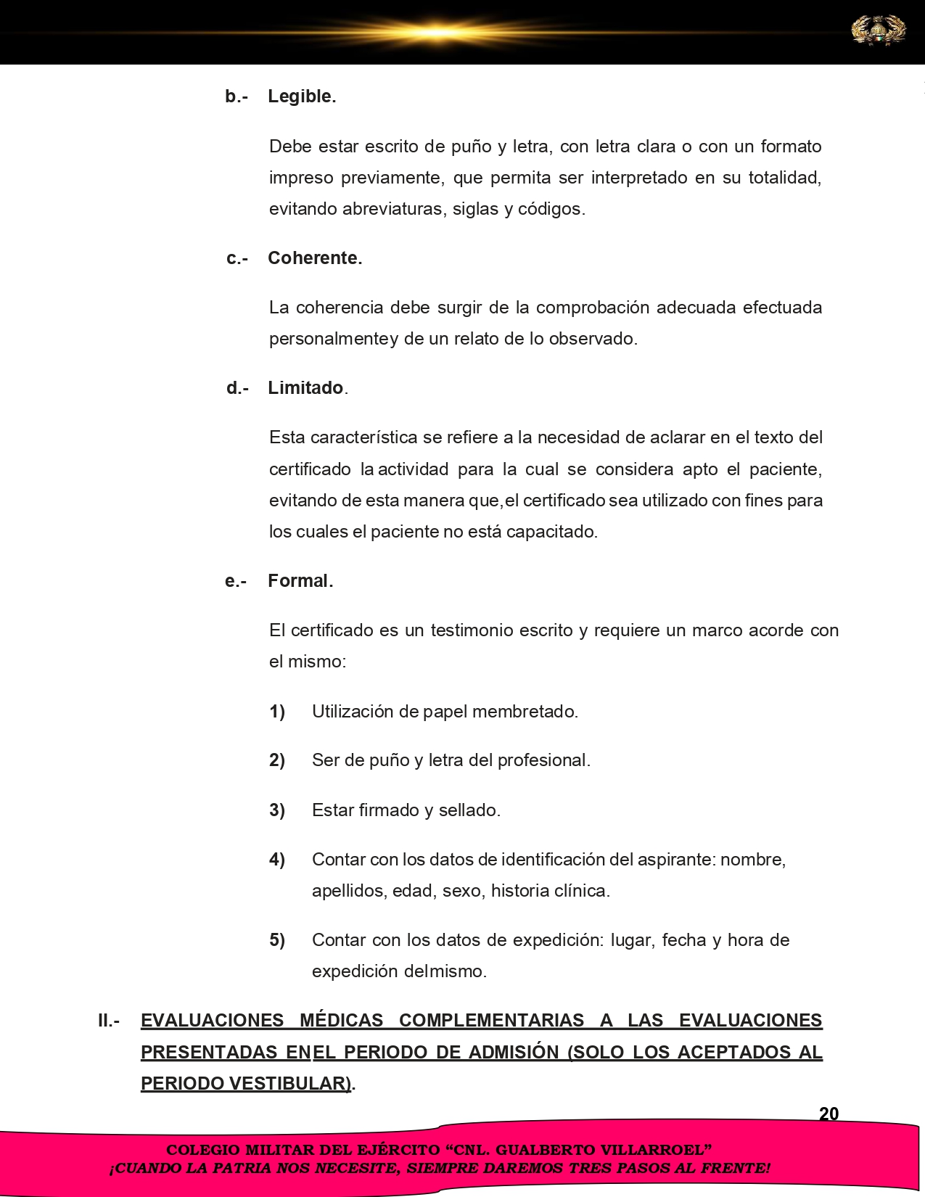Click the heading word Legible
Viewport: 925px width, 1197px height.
coord(302,96)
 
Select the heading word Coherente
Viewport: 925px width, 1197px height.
coord(315,258)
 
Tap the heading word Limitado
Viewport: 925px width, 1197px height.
coord(305,388)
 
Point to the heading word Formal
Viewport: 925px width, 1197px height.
coord(300,581)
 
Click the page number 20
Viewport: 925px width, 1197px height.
coord(829,1114)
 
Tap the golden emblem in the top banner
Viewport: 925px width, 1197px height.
coord(878,31)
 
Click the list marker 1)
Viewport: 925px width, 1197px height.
coord(277,712)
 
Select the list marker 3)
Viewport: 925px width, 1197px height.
coord(277,810)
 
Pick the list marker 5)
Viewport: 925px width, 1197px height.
coord(277,940)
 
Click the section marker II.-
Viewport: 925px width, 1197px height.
coord(109,1021)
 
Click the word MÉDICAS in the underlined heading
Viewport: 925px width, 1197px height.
coord(341,1021)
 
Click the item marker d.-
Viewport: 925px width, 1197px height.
coord(237,388)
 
